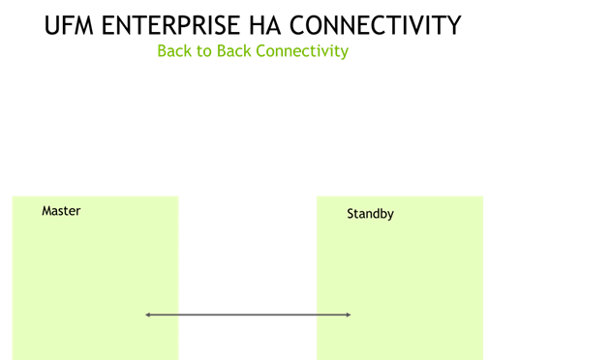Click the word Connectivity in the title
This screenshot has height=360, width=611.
tap(302, 51)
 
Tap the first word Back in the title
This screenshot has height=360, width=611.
tap(175, 51)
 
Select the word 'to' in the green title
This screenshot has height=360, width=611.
tap(204, 51)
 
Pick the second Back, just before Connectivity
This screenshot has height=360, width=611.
tap(233, 51)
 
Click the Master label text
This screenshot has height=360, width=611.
tap(61, 211)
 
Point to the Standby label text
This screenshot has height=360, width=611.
tap(370, 214)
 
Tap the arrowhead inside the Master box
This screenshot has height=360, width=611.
tap(148, 315)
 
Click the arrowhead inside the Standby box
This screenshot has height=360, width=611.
tap(348, 315)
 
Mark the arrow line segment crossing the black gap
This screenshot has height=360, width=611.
tap(247, 315)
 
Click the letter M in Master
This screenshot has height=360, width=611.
tap(46, 211)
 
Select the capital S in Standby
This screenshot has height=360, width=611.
tap(351, 214)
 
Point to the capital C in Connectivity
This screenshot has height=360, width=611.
tap(260, 51)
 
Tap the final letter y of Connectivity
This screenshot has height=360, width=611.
tap(344, 53)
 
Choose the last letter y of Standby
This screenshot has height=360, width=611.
tap(390, 216)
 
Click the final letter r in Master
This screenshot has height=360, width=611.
tap(78, 212)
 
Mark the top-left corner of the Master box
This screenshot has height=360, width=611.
tap(13, 196)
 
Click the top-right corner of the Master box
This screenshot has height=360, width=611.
tap(178, 196)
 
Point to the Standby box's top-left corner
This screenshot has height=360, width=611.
tap(317, 196)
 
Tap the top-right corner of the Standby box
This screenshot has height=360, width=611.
tap(483, 196)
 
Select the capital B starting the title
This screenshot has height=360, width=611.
tap(162, 51)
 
